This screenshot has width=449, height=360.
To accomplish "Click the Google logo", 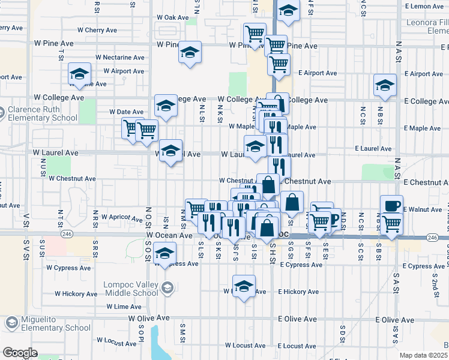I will tap(20, 353).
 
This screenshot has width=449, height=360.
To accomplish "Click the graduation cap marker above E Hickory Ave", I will tap(244, 286).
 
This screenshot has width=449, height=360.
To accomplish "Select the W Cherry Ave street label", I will tap(92, 30).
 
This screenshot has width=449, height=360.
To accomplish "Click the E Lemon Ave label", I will tap(424, 6).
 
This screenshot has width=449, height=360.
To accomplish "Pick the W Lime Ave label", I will tap(124, 307).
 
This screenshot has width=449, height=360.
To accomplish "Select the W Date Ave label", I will tap(126, 112).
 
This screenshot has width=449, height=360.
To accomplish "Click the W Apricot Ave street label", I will tap(120, 217).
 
